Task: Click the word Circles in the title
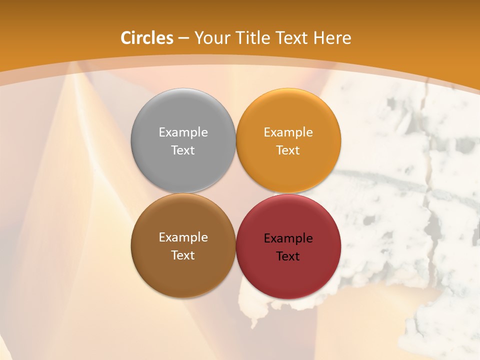tap(147, 38)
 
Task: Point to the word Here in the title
tap(333, 38)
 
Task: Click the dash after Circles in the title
tap(183, 38)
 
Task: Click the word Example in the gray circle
tap(183, 132)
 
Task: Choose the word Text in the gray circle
tap(183, 150)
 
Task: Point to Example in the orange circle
tap(288, 132)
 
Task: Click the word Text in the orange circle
tap(288, 150)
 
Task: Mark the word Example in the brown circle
tap(183, 237)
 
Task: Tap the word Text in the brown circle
tap(183, 255)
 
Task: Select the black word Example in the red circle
tap(288, 238)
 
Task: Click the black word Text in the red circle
tap(288, 256)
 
